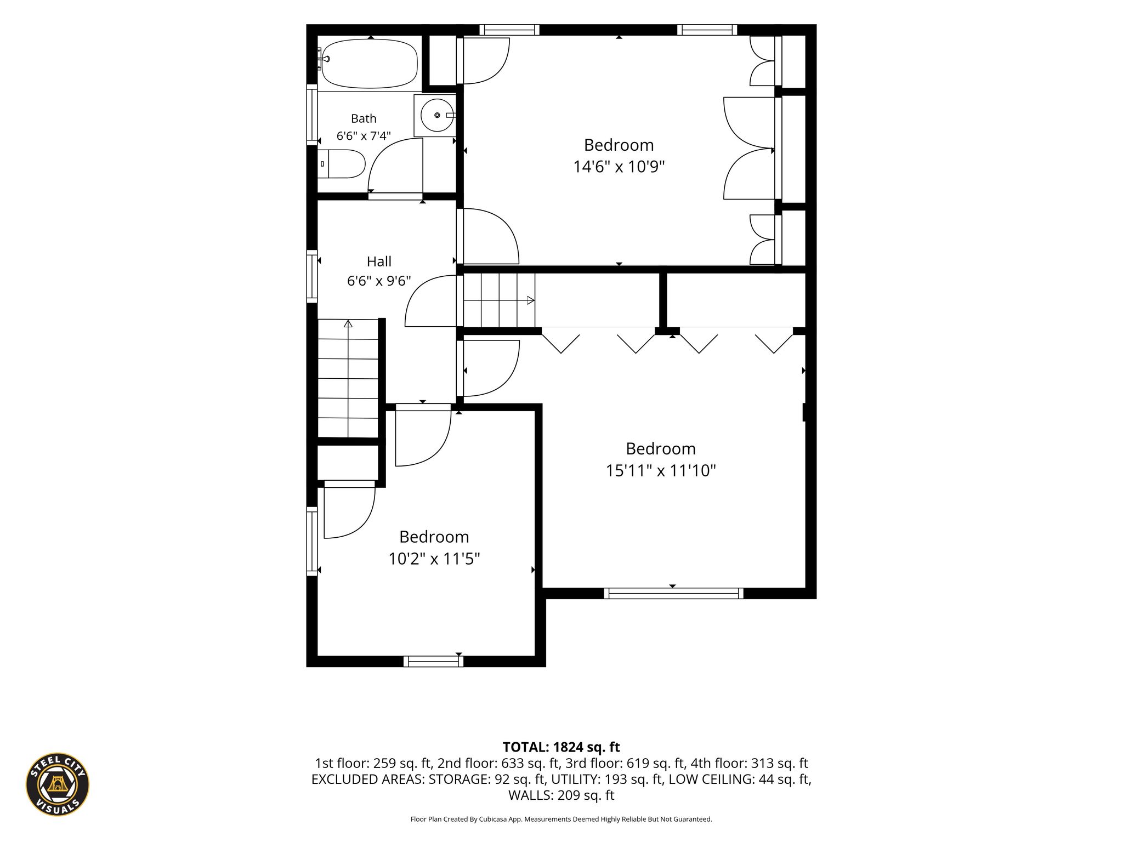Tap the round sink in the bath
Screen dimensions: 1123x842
coord(438,115)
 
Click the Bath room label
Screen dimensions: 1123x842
coord(364,118)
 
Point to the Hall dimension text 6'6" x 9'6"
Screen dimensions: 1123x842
coord(379,281)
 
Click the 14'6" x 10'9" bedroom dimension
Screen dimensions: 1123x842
coord(619,166)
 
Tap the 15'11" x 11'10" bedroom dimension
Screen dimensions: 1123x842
coord(661,470)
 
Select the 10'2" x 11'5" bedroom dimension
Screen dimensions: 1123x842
coord(434,559)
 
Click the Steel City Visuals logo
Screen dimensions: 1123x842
coord(58,784)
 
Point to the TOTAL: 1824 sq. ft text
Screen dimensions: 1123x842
coord(561,747)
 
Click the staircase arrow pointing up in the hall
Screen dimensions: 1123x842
coord(348,378)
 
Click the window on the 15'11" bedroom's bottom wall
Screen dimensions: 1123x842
coord(673,593)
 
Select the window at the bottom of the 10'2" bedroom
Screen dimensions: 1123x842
coord(433,661)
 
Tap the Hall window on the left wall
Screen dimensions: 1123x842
coord(312,276)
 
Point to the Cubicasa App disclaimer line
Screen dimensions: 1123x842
coord(561,819)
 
